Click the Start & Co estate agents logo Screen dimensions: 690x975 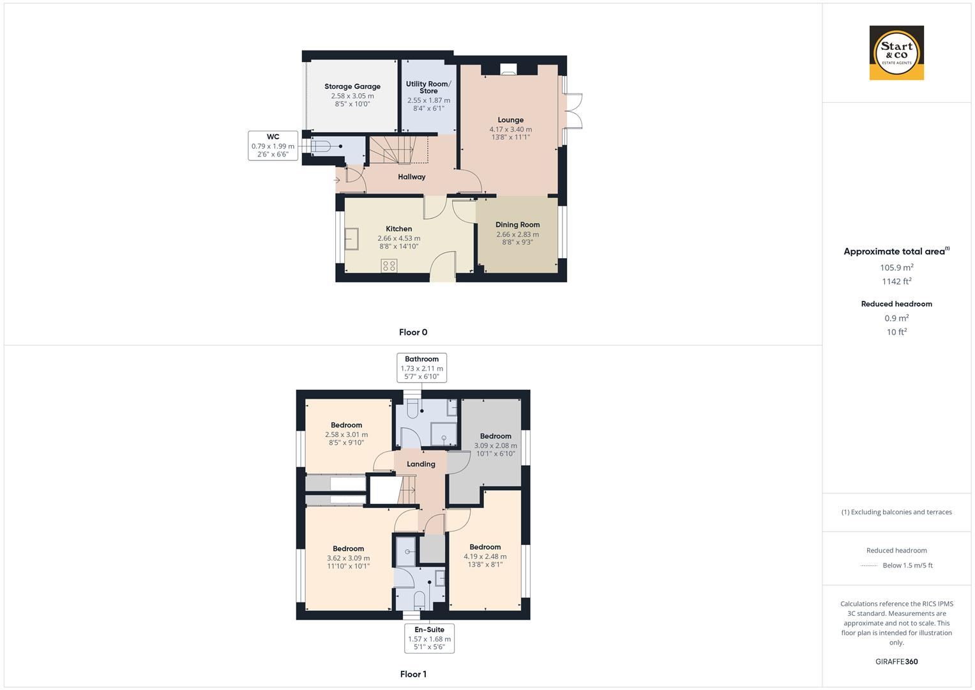[896, 52]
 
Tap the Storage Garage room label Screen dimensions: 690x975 [352, 87]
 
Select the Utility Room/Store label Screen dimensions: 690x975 [428, 88]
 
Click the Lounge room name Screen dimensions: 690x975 [510, 120]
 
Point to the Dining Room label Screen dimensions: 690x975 [517, 225]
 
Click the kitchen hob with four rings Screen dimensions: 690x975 [389, 265]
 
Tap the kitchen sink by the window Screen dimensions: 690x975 [351, 238]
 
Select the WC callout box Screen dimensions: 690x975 [273, 146]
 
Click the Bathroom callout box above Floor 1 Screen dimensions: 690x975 [421, 367]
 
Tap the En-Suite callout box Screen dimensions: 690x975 [429, 638]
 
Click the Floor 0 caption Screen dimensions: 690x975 [413, 332]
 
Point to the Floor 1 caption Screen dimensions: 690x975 [413, 674]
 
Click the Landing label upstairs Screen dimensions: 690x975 [421, 464]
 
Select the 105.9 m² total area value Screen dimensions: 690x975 [896, 268]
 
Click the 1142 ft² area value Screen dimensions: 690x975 [896, 282]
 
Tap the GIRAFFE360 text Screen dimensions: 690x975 [896, 662]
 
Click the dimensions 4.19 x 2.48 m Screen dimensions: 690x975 [485, 556]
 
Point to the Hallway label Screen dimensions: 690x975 [411, 177]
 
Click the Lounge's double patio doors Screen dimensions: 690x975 [573, 112]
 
